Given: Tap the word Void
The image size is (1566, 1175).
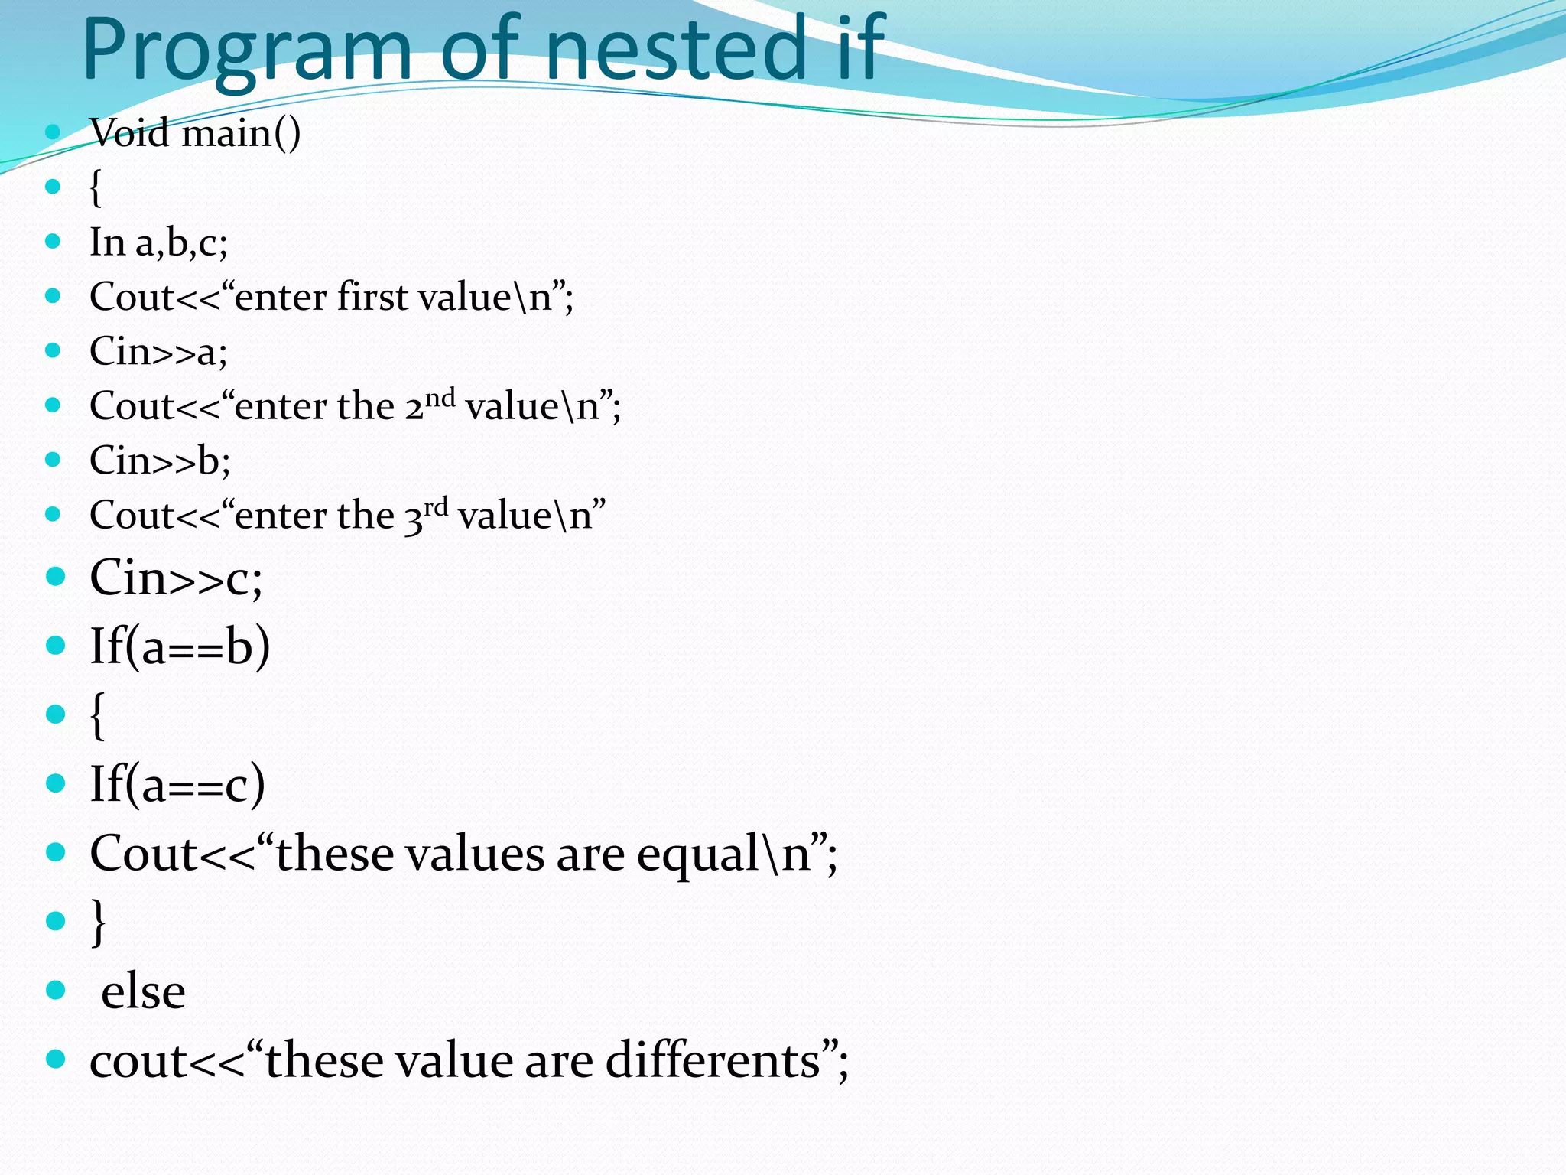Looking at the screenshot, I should (129, 133).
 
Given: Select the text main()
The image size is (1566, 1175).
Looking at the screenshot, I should (241, 133).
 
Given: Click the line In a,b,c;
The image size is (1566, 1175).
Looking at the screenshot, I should (158, 242).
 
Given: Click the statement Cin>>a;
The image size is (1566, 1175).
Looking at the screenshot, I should (158, 352).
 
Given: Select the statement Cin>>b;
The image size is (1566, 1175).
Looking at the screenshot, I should (160, 461).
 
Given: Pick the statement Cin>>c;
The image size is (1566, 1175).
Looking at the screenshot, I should (176, 578).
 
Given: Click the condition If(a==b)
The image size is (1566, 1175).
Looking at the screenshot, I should (180, 646).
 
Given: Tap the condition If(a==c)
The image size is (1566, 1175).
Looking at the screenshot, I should (177, 784).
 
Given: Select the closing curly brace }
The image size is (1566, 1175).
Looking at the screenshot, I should (98, 922).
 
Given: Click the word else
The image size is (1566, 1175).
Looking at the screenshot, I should (143, 992).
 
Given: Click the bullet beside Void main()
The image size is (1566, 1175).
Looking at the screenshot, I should (53, 132).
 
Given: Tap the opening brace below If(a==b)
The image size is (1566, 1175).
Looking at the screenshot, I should (97, 715).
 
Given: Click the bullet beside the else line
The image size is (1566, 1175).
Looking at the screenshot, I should (56, 991).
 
